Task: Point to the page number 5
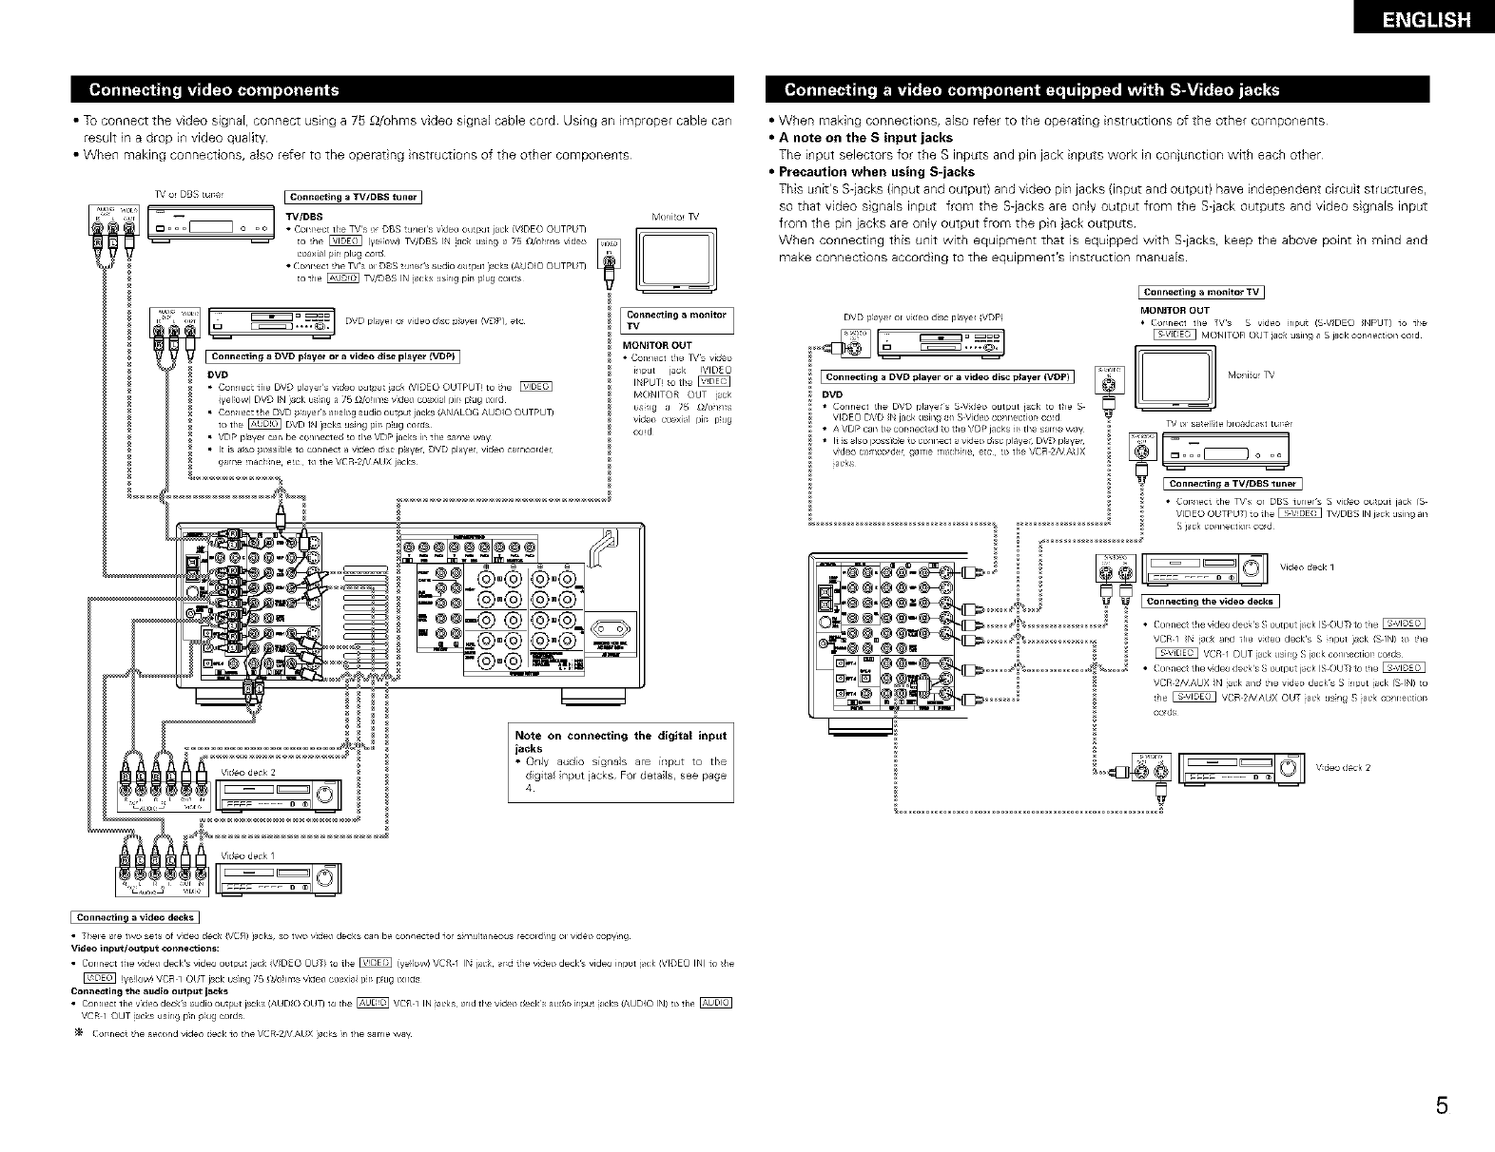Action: [x=1442, y=1105]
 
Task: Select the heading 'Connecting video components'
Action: [x=213, y=90]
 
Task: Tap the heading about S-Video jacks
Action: [x=1031, y=90]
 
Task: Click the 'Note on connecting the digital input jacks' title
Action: [x=620, y=741]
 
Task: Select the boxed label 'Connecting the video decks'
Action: [x=1210, y=602]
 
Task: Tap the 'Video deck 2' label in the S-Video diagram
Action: [x=1343, y=768]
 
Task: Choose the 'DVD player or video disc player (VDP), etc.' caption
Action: [x=433, y=319]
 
